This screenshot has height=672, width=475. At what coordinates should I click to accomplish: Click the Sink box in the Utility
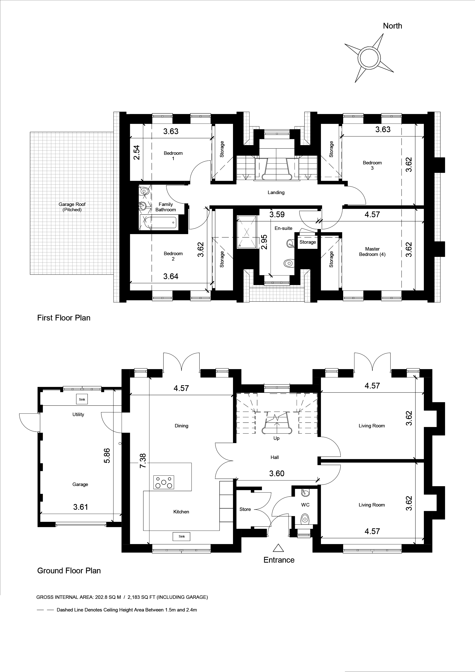(82, 399)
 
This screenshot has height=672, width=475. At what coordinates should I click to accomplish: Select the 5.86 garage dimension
(107, 455)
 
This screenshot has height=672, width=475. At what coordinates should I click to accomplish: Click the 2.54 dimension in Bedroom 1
(136, 152)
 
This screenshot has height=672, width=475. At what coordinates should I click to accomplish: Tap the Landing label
(276, 192)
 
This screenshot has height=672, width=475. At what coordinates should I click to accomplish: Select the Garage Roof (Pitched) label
(72, 207)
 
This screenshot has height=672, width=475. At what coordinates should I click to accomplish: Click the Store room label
(245, 509)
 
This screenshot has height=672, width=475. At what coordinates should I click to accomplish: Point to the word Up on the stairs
(276, 438)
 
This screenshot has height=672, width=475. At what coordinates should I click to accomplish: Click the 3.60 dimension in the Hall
(276, 473)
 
